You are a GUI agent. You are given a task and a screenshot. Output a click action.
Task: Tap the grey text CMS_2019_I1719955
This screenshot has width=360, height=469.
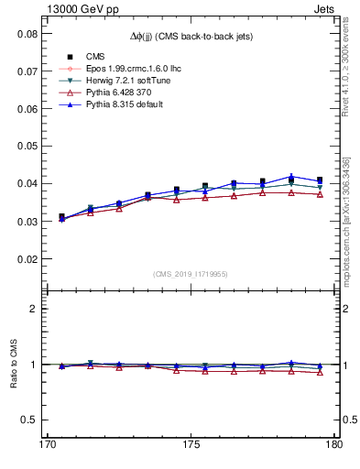191,274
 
